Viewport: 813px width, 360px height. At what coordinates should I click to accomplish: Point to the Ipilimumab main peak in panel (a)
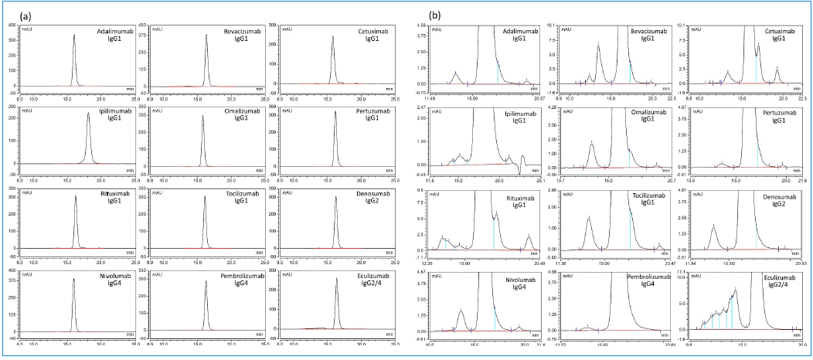(x=89, y=116)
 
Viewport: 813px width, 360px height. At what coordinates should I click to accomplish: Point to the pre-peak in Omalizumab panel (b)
(x=592, y=144)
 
